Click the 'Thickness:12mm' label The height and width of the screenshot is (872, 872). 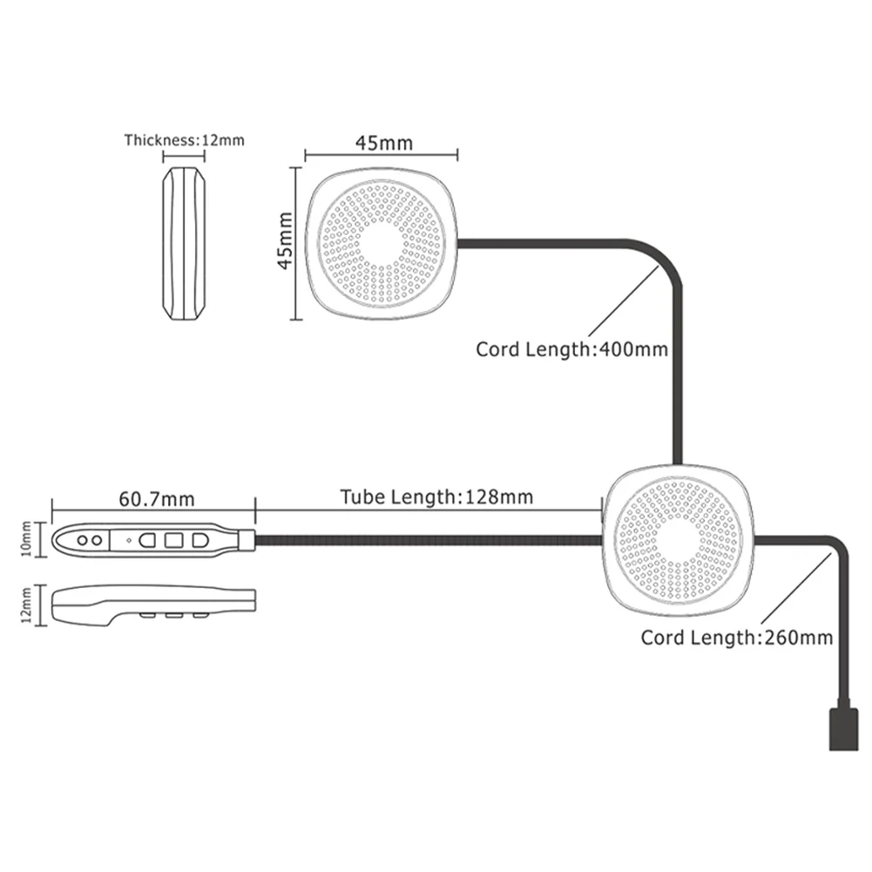[x=185, y=139]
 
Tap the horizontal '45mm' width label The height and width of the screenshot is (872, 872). [x=382, y=141]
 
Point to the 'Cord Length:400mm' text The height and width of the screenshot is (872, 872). [x=571, y=350]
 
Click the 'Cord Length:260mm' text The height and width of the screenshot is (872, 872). [x=737, y=637]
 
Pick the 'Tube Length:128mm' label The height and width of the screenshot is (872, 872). [x=436, y=497]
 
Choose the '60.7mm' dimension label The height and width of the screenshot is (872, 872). [x=156, y=498]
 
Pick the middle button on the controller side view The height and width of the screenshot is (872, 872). [x=173, y=617]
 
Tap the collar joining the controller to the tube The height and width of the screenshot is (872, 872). [x=247, y=540]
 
